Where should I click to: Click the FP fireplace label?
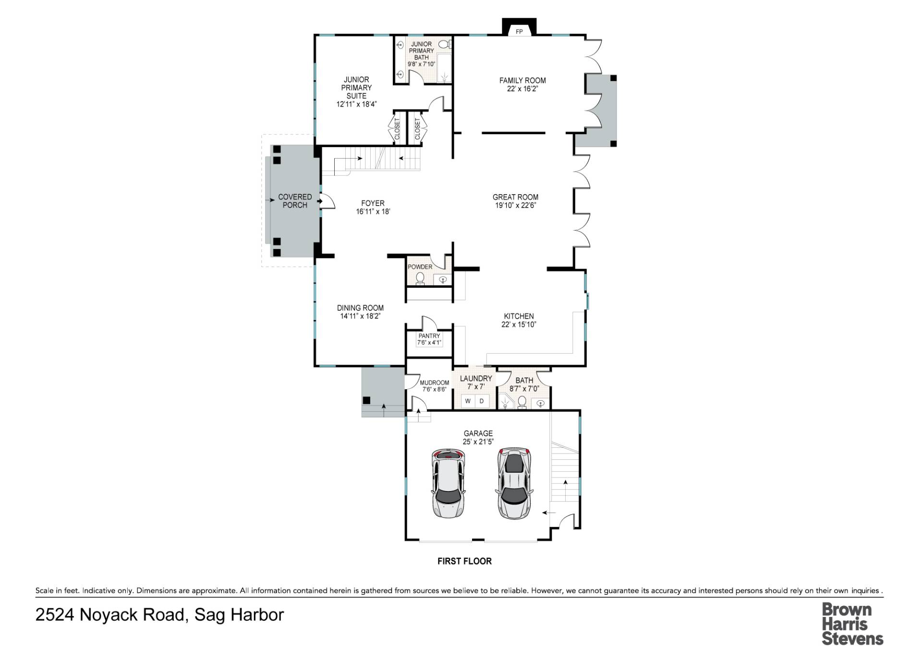[519, 32]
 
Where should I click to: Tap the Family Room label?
[522, 80]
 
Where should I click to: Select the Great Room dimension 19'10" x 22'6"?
[515, 205]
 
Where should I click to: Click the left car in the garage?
[448, 483]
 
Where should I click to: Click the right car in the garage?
[514, 483]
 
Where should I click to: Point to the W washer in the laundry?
[468, 401]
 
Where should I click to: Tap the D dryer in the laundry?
[482, 401]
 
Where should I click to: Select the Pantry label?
[429, 336]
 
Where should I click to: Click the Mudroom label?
[434, 383]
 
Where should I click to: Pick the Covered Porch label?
[295, 201]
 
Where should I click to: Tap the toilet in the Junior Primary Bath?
[445, 45]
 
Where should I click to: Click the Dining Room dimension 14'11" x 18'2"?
[360, 316]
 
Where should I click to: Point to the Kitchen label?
[519, 316]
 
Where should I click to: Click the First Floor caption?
[464, 561]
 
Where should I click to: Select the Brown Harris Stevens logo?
[852, 624]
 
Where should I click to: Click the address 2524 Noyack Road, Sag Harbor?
[159, 615]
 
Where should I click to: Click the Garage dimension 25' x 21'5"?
[478, 442]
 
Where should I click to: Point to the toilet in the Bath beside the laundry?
[522, 401]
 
